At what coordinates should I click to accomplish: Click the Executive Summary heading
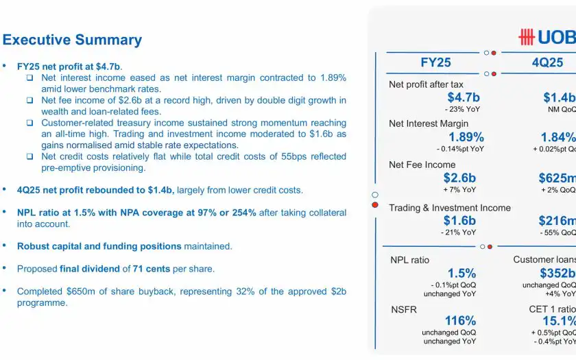72,40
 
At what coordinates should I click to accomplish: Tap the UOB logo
547,37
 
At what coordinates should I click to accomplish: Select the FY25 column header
435,62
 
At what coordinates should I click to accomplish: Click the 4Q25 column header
547,62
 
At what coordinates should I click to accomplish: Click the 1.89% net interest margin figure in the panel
466,137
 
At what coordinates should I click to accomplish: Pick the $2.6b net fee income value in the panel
459,178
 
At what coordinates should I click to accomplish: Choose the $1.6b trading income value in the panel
459,220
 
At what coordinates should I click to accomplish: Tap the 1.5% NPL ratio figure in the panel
461,274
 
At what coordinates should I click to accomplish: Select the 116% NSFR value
460,321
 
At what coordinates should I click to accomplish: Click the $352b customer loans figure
557,274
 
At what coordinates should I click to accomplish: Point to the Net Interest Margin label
429,124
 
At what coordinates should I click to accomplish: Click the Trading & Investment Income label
449,208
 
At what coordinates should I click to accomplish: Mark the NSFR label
403,309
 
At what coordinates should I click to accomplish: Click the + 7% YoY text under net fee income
460,190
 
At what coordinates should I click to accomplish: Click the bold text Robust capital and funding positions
99,245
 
